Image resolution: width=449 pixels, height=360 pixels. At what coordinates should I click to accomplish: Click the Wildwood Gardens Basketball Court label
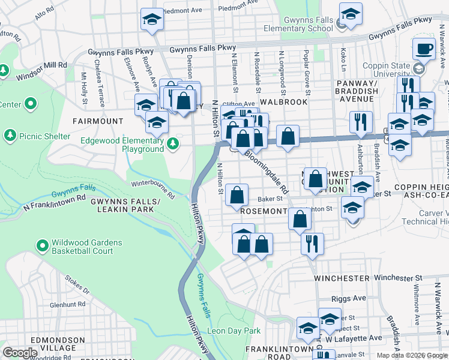coord(79,247)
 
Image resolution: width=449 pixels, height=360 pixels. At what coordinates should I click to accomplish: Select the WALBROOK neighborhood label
coord(283,102)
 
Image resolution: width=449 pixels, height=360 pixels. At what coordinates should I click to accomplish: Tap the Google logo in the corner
coord(20,353)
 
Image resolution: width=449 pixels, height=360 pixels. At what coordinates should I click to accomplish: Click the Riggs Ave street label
coord(348,298)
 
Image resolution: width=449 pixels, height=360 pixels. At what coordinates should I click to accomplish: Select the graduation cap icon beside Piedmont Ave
coord(152,20)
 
